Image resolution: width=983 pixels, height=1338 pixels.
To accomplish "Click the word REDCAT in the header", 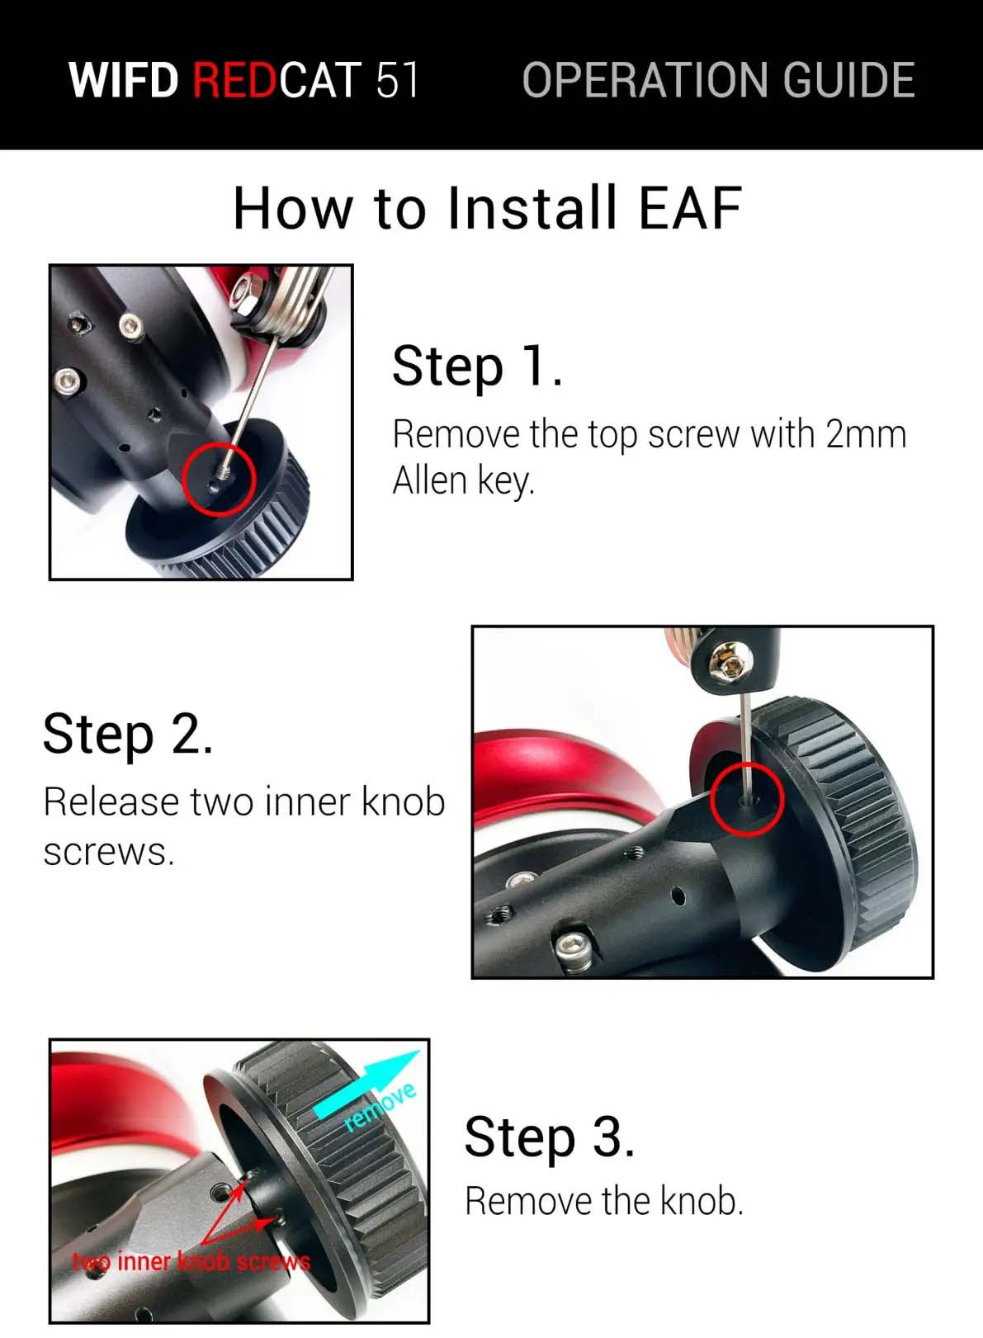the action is (x=277, y=79).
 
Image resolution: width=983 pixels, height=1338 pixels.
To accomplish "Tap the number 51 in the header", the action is (x=397, y=79).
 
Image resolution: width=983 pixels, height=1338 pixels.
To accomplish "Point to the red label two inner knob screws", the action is (x=191, y=1261).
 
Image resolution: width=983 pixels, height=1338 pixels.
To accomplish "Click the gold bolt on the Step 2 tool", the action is (x=730, y=660).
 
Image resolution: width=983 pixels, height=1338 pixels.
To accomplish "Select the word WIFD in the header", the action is (x=124, y=79).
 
